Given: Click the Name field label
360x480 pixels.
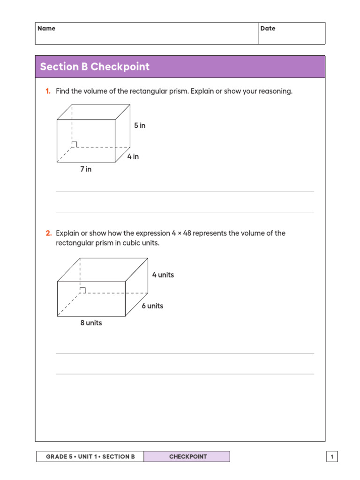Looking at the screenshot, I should tap(46, 29).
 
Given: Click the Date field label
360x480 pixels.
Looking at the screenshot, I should tap(268, 29).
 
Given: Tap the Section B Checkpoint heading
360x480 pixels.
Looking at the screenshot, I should tap(95, 67).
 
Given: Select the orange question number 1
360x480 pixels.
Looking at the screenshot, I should tap(48, 91).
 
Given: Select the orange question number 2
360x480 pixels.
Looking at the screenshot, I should tap(48, 233).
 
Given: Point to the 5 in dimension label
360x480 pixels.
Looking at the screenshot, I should tap(140, 126).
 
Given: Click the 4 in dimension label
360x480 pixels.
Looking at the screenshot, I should tap(133, 157).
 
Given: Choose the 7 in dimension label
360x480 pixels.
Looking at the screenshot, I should tap(86, 169).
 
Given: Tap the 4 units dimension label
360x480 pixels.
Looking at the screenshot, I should tap(163, 275).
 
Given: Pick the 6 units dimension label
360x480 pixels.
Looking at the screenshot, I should tap(152, 306).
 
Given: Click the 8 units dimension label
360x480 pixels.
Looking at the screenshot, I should tap(91, 323).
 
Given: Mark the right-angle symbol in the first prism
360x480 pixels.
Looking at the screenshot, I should tap(75, 144).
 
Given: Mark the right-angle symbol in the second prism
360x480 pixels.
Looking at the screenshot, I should tap(82, 291).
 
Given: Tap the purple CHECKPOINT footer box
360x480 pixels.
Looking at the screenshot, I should tap(187, 457).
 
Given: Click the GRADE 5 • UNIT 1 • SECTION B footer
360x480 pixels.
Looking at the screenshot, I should tap(90, 457).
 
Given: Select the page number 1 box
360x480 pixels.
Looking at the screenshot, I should tap(332, 457).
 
